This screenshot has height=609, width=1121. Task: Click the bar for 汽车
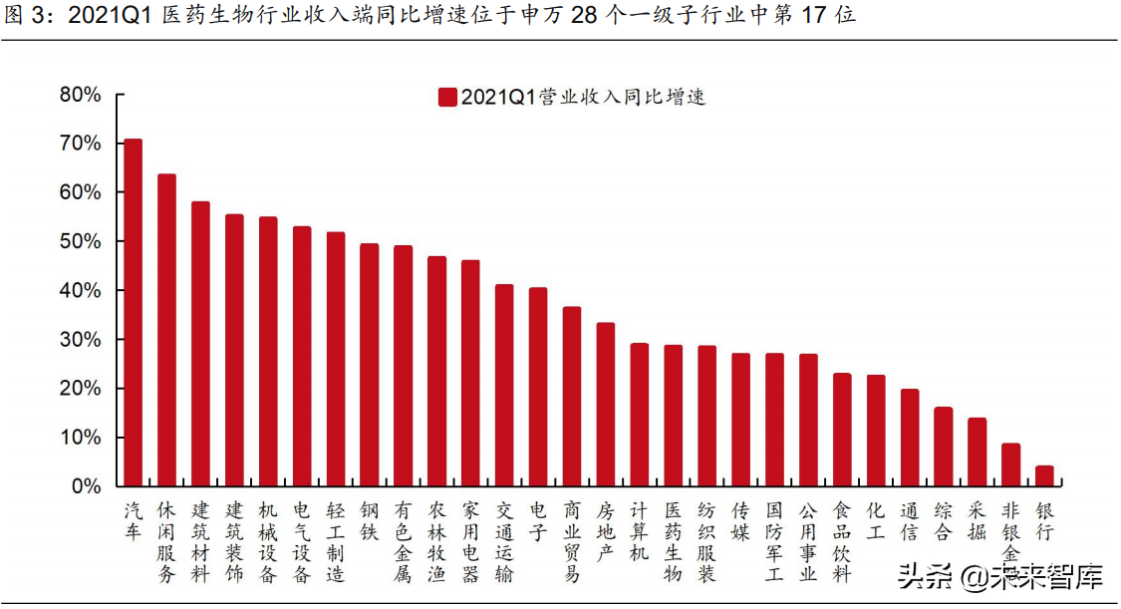(x=133, y=313)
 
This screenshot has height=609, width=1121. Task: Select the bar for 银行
(x=1044, y=476)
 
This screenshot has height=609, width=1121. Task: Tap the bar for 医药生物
(x=673, y=416)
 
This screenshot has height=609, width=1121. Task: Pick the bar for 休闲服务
(x=166, y=330)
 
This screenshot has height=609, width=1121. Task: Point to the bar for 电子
(x=538, y=387)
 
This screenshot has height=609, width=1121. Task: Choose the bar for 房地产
(x=605, y=405)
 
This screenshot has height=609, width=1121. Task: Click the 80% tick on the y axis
(x=81, y=95)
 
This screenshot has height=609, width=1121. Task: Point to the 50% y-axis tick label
(x=81, y=241)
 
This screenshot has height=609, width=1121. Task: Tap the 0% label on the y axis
(x=86, y=486)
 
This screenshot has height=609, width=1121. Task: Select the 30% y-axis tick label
(x=81, y=339)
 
